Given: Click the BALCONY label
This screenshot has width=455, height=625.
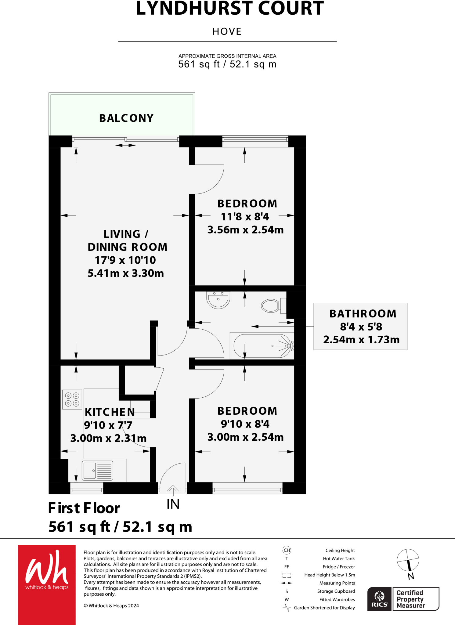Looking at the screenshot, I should [126, 118].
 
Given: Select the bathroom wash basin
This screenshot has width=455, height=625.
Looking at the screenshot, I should [218, 300].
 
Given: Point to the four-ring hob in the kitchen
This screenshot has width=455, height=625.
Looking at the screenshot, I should [72, 399].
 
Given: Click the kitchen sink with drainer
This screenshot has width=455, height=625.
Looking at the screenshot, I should [97, 470].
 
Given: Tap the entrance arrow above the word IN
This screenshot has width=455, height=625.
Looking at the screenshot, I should [173, 490].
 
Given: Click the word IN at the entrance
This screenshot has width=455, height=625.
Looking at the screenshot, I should [173, 504].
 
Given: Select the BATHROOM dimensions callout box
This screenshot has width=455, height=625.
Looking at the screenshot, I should [360, 327].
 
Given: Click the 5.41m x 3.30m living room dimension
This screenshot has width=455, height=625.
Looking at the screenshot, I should [126, 273].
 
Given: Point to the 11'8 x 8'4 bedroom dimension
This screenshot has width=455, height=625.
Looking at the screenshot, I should [245, 217].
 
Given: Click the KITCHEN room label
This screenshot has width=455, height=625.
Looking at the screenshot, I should [110, 412].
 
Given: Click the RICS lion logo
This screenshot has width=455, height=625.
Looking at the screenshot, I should [379, 599].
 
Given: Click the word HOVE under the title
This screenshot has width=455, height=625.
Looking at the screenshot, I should [227, 31].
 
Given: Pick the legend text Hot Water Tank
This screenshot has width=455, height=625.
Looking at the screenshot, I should [339, 558].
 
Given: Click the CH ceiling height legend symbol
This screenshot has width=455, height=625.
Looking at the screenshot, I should [287, 550].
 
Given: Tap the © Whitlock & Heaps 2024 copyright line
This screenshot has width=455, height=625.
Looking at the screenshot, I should [111, 605].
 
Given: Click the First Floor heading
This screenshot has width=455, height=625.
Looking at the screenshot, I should [84, 508].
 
